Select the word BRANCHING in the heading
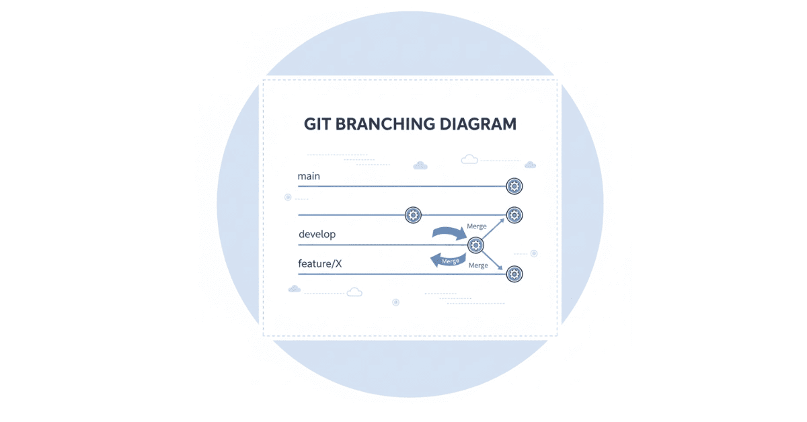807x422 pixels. pos(385,124)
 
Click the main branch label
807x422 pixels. pos(309,176)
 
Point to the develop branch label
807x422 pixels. pos(317,235)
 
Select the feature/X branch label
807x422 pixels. pos(319,263)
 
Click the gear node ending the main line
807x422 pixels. pos(514,186)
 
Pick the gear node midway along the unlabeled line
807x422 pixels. pos(413,215)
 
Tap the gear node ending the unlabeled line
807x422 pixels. pos(514,215)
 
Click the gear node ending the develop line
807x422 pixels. pos(475,245)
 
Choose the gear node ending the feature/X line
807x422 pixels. pos(514,273)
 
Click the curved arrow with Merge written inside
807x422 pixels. pos(447,260)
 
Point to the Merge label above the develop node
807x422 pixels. pos(476,226)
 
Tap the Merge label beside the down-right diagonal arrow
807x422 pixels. pos(478,265)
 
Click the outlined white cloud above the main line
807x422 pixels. pos(469,159)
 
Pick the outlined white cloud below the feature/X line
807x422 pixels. pos(354,292)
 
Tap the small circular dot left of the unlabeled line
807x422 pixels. pos(288,198)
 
